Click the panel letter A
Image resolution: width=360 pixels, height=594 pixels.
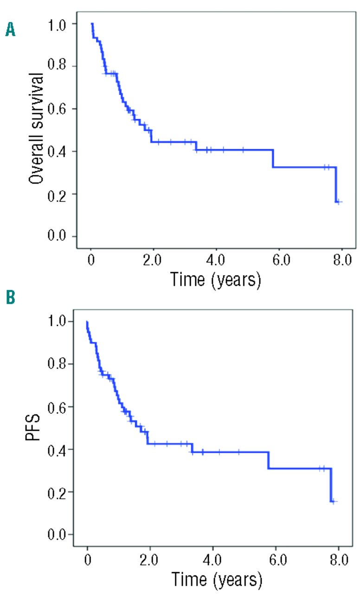[x=10, y=31]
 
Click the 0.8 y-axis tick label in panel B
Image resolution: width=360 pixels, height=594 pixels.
[x=57, y=364]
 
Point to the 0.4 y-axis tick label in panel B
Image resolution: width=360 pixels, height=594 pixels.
[x=57, y=449]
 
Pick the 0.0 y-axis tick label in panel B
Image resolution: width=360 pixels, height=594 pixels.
[x=57, y=535]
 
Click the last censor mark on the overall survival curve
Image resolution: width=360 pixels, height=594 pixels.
[x=340, y=202]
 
